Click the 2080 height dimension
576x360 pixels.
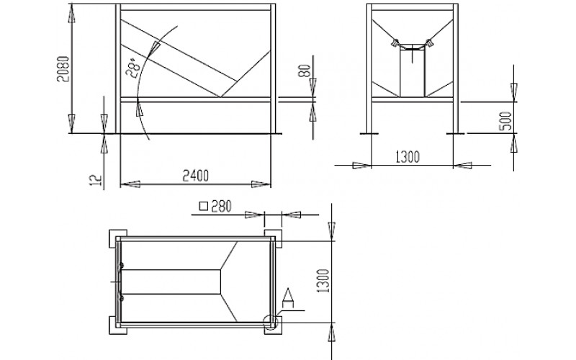pyautogui.click(x=63, y=68)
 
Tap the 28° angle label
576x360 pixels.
pyautogui.click(x=133, y=68)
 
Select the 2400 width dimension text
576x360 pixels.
pyautogui.click(x=196, y=176)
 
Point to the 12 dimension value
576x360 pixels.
pyautogui.click(x=96, y=179)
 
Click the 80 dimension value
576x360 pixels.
pyautogui.click(x=304, y=71)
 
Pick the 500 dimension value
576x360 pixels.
pyautogui.click(x=505, y=121)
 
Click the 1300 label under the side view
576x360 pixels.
pyautogui.click(x=408, y=157)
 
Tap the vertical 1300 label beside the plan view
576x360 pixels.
pyautogui.click(x=323, y=281)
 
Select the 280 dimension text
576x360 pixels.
pyautogui.click(x=222, y=207)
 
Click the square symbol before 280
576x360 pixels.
pyautogui.click(x=204, y=206)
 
